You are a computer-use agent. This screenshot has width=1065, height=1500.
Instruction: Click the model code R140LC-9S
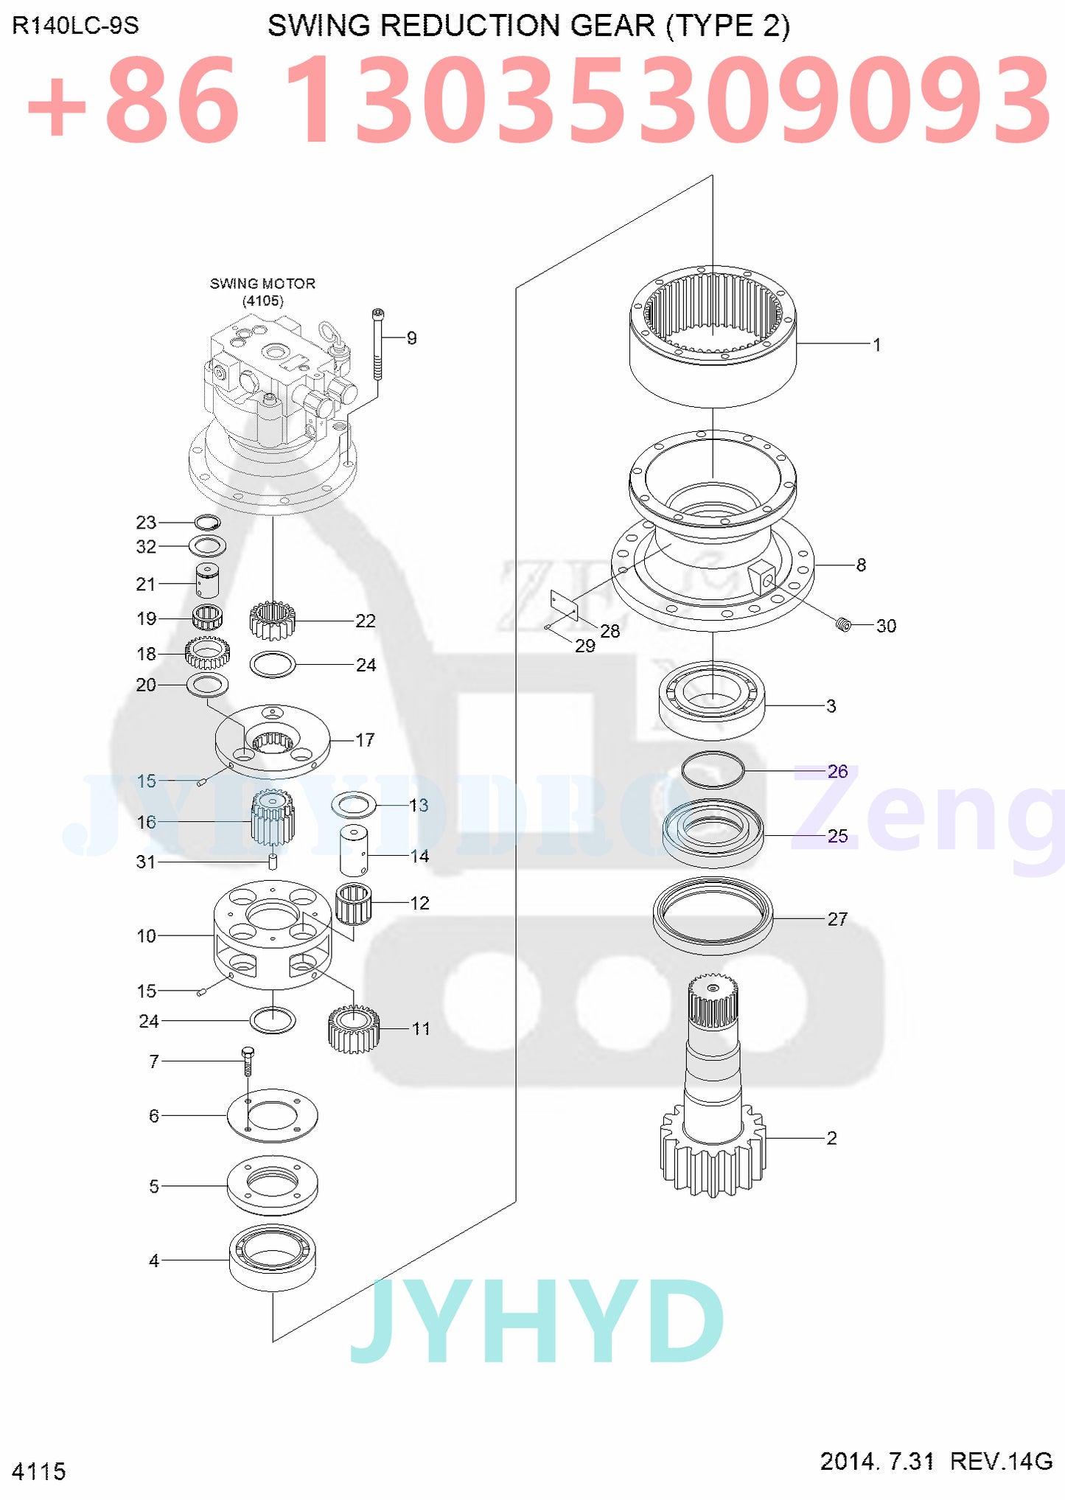(x=75, y=26)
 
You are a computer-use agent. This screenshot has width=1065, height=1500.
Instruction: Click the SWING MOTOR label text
(x=262, y=284)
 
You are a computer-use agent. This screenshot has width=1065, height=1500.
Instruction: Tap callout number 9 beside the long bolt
(x=411, y=338)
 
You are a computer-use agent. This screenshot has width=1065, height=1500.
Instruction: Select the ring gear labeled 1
(x=712, y=346)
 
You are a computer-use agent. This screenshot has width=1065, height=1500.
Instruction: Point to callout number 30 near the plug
(x=886, y=626)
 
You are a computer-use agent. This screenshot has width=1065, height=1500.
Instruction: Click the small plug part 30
(x=844, y=625)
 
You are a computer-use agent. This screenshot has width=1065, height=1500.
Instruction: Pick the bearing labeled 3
(x=711, y=700)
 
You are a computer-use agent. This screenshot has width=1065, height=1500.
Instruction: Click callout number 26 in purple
(x=837, y=772)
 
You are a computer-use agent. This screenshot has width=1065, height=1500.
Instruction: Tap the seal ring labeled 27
(x=713, y=915)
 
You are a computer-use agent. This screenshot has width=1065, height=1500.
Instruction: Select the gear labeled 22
(x=272, y=621)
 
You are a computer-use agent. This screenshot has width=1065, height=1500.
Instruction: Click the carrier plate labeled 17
(x=273, y=742)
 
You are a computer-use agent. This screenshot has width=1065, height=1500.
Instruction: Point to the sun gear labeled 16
(x=272, y=818)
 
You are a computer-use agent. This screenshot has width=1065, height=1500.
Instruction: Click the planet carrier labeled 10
(x=272, y=935)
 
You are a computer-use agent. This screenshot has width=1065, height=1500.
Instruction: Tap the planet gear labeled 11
(x=353, y=1029)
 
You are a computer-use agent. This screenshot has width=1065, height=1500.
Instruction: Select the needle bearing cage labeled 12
(x=353, y=904)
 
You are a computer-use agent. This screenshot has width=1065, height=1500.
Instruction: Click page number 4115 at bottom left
(x=38, y=1471)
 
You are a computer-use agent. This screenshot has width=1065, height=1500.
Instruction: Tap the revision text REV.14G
(x=1000, y=1460)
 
